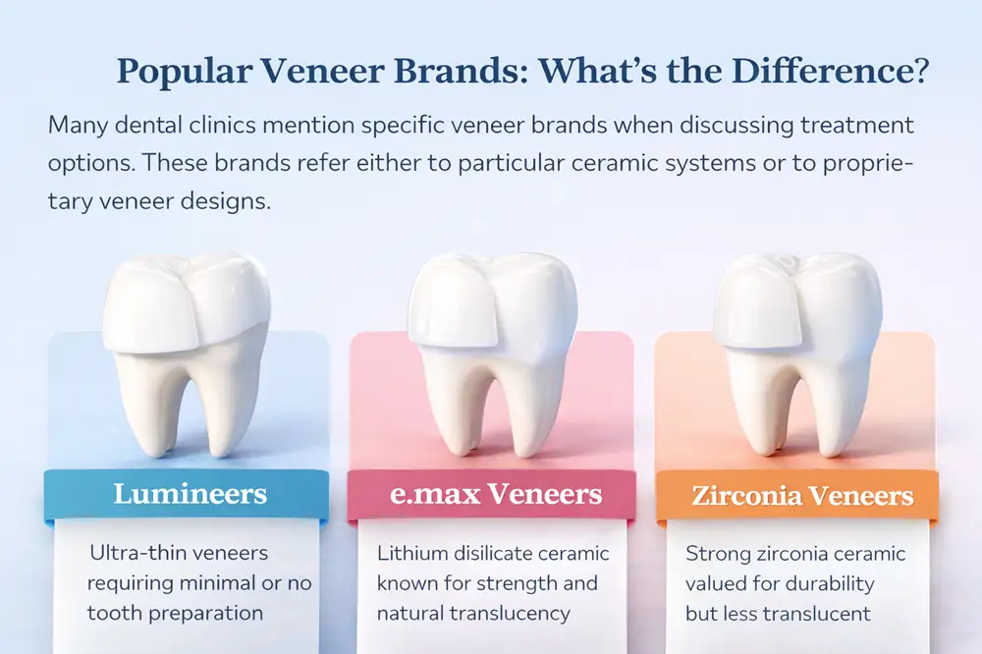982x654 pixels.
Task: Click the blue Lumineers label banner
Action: (x=190, y=493)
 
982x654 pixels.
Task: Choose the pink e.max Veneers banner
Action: (x=491, y=493)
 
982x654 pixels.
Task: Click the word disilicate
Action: (x=505, y=554)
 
